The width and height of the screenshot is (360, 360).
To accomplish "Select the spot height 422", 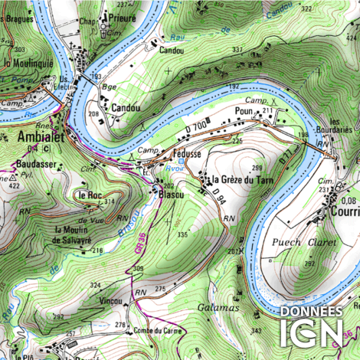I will pos(13,185).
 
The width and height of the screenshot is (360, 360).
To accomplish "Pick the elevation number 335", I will pos(182,234).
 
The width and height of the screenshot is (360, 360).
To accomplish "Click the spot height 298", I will pos(257,168).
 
